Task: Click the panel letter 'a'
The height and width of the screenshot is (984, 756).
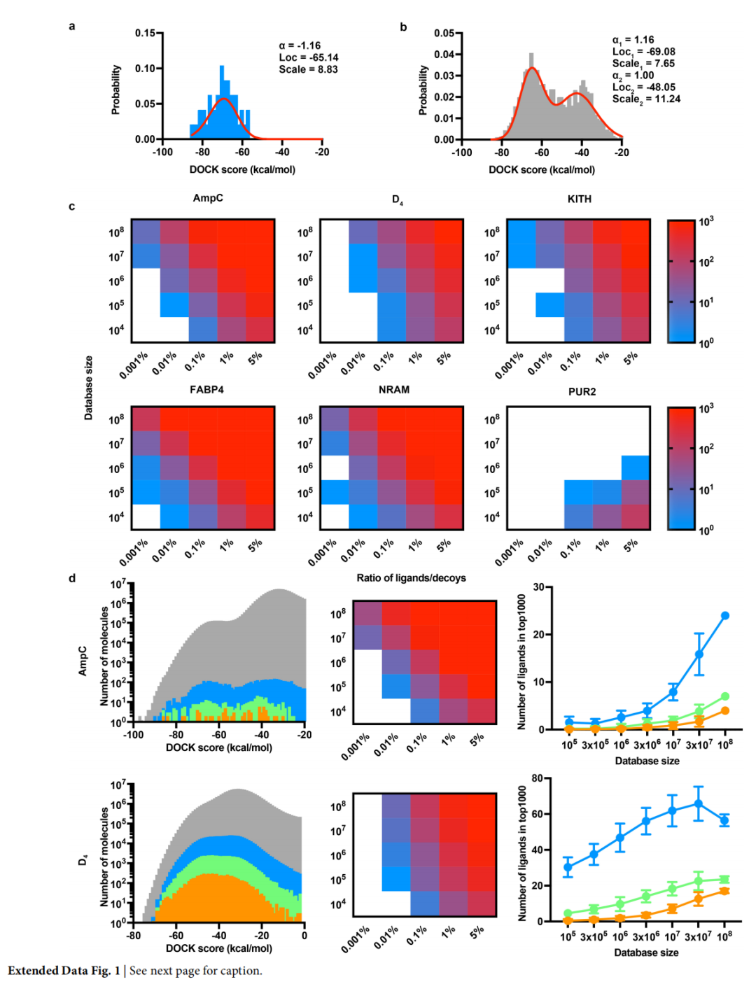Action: click(x=72, y=27)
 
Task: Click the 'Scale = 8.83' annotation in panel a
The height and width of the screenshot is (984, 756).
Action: click(x=308, y=69)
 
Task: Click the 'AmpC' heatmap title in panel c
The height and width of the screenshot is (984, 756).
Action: click(x=208, y=198)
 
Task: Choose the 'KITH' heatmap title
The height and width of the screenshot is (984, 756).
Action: click(x=579, y=199)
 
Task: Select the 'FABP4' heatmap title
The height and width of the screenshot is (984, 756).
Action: click(x=206, y=389)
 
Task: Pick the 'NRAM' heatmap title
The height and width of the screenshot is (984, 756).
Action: click(x=394, y=389)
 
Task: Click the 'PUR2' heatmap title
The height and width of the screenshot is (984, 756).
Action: click(x=582, y=391)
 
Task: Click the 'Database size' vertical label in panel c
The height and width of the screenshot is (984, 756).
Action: click(x=88, y=388)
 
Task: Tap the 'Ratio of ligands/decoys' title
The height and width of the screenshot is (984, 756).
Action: click(x=411, y=577)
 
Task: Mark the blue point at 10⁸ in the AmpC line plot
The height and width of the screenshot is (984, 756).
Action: click(x=725, y=616)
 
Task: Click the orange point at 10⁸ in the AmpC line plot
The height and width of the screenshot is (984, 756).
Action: click(x=725, y=710)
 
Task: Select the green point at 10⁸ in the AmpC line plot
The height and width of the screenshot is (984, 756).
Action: click(x=725, y=696)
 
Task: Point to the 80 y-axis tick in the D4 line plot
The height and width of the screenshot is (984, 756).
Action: click(x=538, y=778)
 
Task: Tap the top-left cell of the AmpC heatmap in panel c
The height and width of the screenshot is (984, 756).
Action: click(x=146, y=232)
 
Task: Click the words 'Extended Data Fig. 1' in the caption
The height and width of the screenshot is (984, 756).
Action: click(x=64, y=971)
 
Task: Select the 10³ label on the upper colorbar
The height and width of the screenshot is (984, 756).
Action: click(x=706, y=221)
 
